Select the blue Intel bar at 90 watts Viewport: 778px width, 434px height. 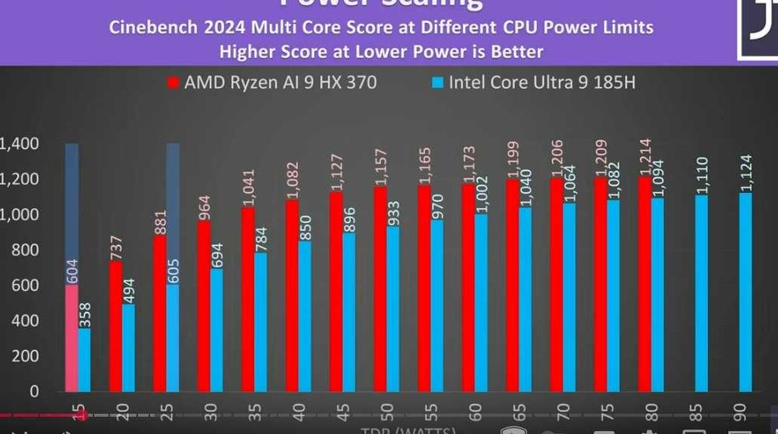(x=745, y=292)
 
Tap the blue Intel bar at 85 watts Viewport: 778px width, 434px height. (x=702, y=293)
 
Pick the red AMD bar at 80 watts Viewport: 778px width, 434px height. (x=645, y=284)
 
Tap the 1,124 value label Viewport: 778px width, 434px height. (x=745, y=173)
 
